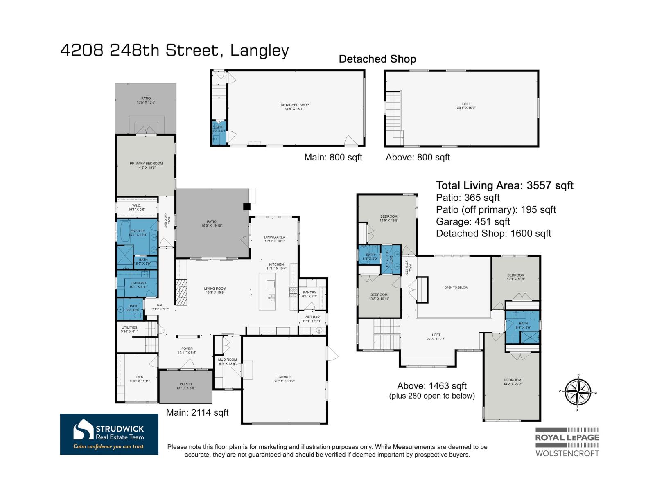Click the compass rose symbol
click(578, 392)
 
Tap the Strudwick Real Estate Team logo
click(109, 434)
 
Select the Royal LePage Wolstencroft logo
click(567, 442)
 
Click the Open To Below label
click(456, 288)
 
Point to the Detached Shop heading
click(377, 59)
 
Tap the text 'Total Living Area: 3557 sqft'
click(504, 186)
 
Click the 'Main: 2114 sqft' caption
click(197, 413)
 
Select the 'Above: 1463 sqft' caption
click(431, 386)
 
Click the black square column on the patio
click(246, 207)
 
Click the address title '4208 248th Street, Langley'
click(175, 51)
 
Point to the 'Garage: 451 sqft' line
click(473, 222)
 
